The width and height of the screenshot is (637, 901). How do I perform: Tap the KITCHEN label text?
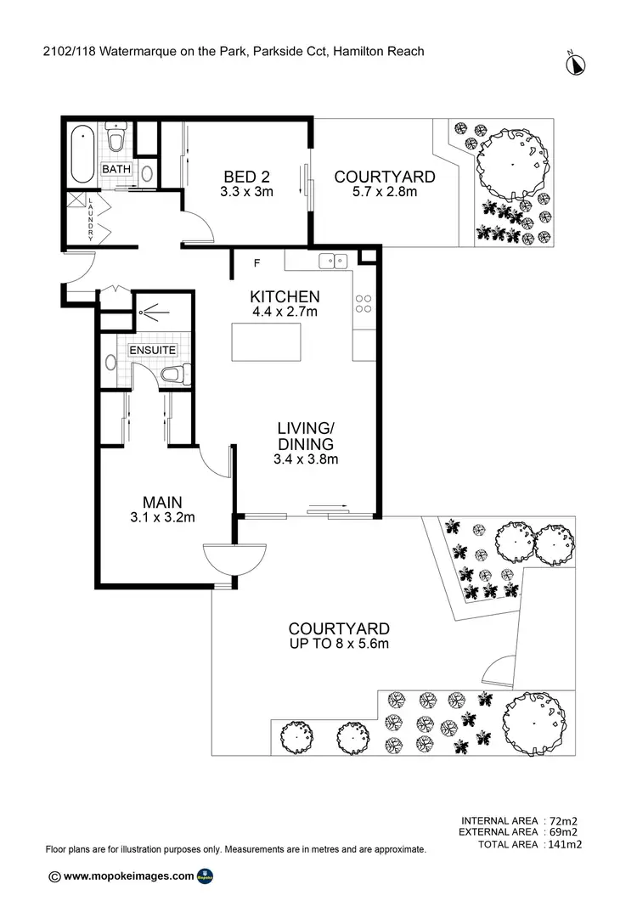(x=285, y=297)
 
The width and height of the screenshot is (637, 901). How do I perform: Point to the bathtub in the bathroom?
(x=82, y=154)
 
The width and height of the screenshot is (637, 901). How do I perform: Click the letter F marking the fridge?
(x=256, y=263)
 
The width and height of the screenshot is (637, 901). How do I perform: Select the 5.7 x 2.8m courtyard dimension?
(x=385, y=193)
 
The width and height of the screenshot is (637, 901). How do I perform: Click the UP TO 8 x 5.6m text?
(x=339, y=645)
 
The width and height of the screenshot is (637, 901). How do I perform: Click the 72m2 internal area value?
(x=563, y=820)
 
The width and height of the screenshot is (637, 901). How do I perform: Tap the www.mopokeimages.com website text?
(x=128, y=876)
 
